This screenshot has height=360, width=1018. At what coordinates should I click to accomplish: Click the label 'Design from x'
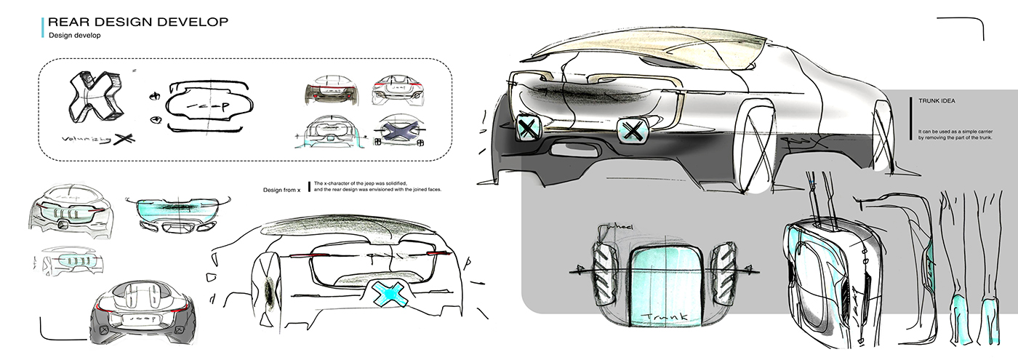[281, 190]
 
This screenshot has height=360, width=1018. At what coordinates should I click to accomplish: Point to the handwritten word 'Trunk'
[660, 317]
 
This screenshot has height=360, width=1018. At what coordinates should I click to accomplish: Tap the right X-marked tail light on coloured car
[633, 132]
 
